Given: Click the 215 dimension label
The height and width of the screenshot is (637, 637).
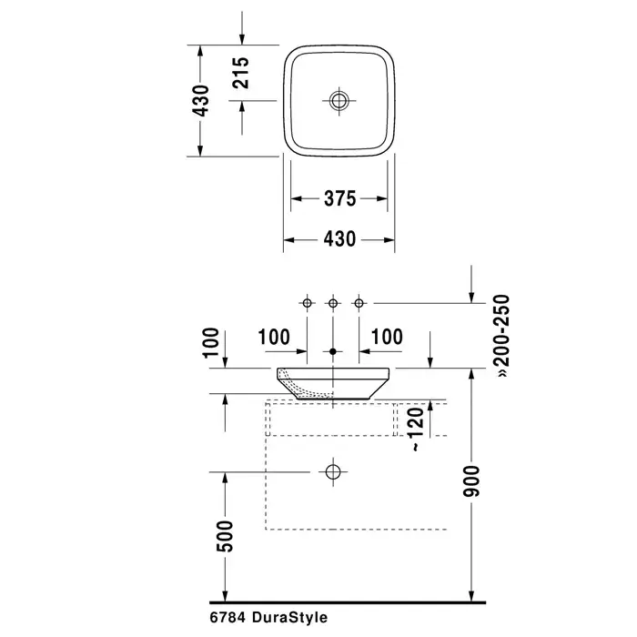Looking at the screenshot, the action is (x=241, y=73).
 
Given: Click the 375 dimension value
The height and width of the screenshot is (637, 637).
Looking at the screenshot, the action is (x=340, y=198).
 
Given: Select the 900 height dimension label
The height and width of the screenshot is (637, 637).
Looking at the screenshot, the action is (x=471, y=481).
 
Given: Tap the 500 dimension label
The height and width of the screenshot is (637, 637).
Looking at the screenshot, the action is (x=225, y=536).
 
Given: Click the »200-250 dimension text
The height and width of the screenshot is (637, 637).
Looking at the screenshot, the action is (x=502, y=336).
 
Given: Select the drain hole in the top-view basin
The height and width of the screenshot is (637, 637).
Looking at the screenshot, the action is (x=339, y=100).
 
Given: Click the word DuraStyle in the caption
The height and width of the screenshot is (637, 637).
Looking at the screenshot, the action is (x=289, y=618).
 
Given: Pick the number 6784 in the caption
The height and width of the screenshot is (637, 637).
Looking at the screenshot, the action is (x=227, y=618).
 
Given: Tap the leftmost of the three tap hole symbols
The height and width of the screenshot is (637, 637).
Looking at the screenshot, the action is (x=308, y=303).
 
